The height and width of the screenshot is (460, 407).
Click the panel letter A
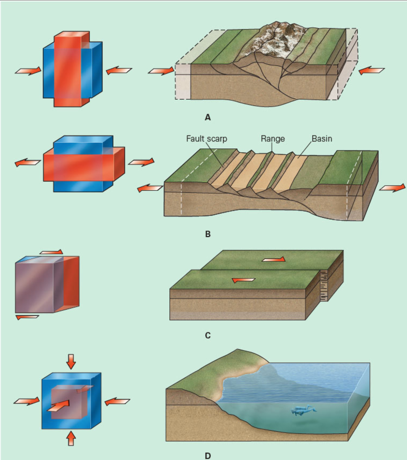[208, 117]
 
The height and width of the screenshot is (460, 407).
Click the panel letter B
[208, 234]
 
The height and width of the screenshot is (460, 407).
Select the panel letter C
[208, 336]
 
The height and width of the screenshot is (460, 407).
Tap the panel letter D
[208, 456]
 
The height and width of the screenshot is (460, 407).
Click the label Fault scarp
[206, 139]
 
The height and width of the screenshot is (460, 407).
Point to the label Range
[272, 139]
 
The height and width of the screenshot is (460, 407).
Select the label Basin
[322, 139]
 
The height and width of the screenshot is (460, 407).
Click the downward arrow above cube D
[71, 361]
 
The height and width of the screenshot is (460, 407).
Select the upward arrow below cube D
[71, 438]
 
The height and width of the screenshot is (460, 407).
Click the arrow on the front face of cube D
[59, 405]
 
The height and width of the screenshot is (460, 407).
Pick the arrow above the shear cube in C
[51, 252]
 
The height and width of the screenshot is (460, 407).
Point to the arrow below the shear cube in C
[27, 317]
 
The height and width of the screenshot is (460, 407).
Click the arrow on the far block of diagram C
[273, 259]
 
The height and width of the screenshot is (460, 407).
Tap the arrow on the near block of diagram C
[243, 280]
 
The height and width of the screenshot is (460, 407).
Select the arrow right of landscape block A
[371, 70]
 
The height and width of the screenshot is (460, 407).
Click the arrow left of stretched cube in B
[27, 162]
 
